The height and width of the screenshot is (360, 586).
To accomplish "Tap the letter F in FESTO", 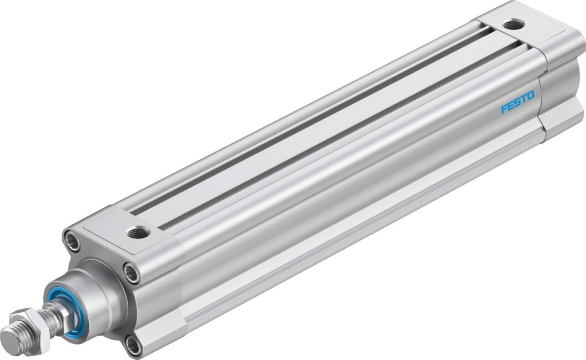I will (x=504, y=108).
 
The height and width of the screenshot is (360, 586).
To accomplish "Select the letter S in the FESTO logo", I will (x=517, y=103).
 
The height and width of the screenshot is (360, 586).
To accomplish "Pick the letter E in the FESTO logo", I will (x=511, y=105).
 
